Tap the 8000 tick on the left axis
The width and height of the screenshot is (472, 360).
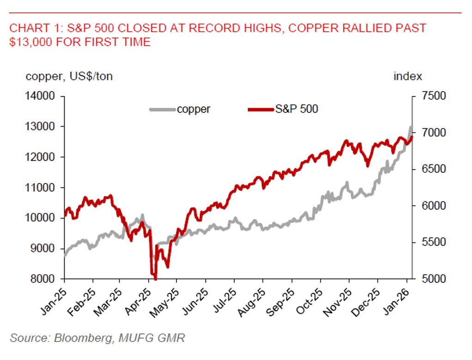pos(45,279)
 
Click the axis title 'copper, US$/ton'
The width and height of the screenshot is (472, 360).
pos(69,76)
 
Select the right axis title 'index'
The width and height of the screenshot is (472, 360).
pos(408,76)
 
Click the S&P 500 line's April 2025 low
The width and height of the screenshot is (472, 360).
pos(155,279)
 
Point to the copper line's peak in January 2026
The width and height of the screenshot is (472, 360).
pos(411,127)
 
